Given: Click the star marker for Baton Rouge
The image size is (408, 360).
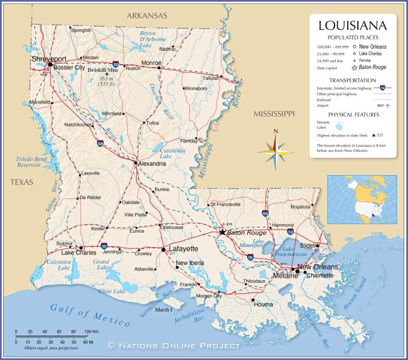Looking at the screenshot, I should click(222, 232).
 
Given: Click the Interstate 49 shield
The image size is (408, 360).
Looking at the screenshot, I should click(100, 144).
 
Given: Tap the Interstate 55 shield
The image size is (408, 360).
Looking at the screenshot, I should click(264, 213).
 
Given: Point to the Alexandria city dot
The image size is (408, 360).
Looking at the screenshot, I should click(135, 162).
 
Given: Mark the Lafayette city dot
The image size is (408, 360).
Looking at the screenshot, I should click(163, 249).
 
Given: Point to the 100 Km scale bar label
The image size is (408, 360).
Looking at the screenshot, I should click(91, 331).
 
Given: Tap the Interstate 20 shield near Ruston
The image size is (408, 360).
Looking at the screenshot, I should click(116, 64).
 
